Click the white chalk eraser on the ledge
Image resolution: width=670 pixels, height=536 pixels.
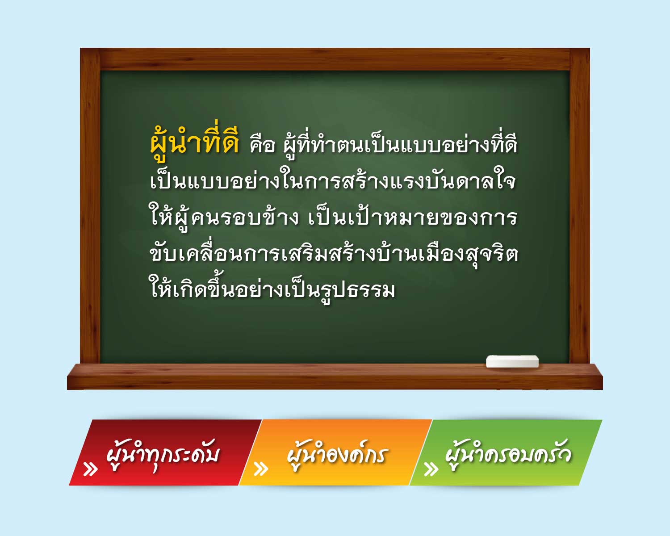(512, 361)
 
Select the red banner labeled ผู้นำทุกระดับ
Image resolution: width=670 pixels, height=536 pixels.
(165, 452)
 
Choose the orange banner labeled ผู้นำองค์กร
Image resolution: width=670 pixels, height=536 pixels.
(335, 452)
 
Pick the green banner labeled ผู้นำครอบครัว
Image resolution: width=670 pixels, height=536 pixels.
(506, 452)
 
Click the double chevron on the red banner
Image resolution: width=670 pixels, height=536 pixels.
(91, 469)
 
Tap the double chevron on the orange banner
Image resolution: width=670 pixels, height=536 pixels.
(261, 469)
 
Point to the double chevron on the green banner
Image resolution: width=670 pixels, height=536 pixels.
(431, 469)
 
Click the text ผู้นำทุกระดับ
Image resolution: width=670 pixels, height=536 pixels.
(163, 455)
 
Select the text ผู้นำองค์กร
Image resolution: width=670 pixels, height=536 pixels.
(337, 455)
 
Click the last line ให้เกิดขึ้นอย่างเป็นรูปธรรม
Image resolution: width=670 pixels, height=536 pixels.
(272, 289)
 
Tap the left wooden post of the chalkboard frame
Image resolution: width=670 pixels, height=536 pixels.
(90, 205)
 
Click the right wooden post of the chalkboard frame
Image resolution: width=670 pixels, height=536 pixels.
(580, 205)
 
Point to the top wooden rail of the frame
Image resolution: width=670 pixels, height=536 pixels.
(335, 59)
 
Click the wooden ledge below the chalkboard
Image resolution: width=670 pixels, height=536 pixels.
(335, 377)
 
